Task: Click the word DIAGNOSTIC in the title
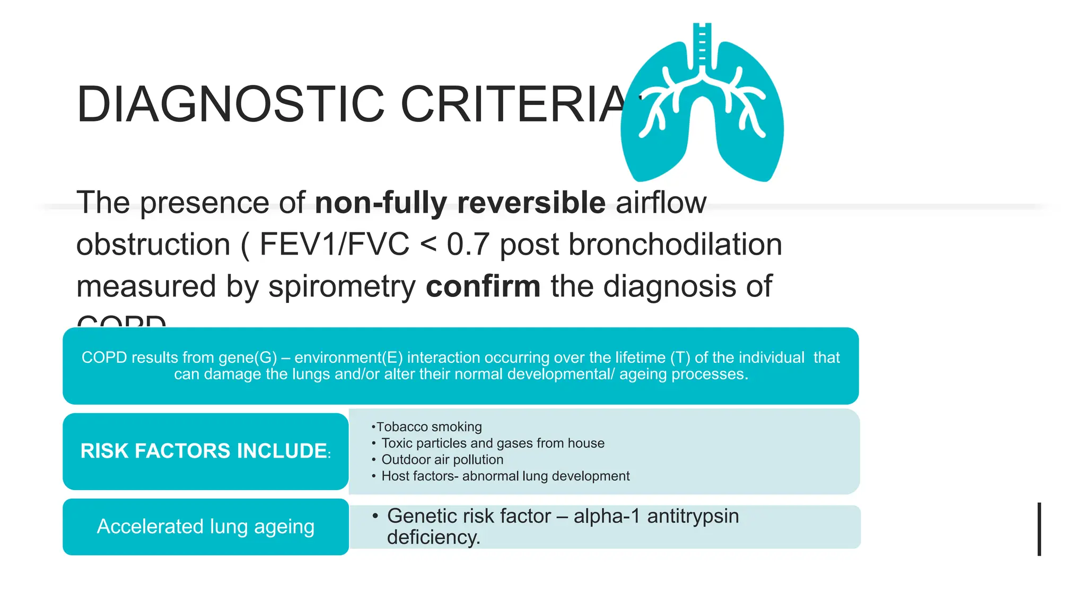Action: tap(230, 104)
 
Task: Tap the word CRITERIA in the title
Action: tap(514, 104)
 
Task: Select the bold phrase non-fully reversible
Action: tap(460, 203)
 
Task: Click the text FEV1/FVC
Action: tap(334, 245)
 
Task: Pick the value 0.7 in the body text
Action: tap(467, 245)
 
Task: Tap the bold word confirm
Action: tap(483, 286)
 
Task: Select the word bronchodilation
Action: tap(675, 245)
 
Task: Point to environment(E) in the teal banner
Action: tap(348, 357)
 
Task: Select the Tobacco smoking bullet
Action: tap(428, 427)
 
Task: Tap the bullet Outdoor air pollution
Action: tap(442, 460)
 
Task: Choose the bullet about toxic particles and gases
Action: tap(493, 443)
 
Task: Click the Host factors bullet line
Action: tap(505, 476)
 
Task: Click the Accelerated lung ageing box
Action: tap(205, 527)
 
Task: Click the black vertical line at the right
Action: tap(1039, 529)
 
